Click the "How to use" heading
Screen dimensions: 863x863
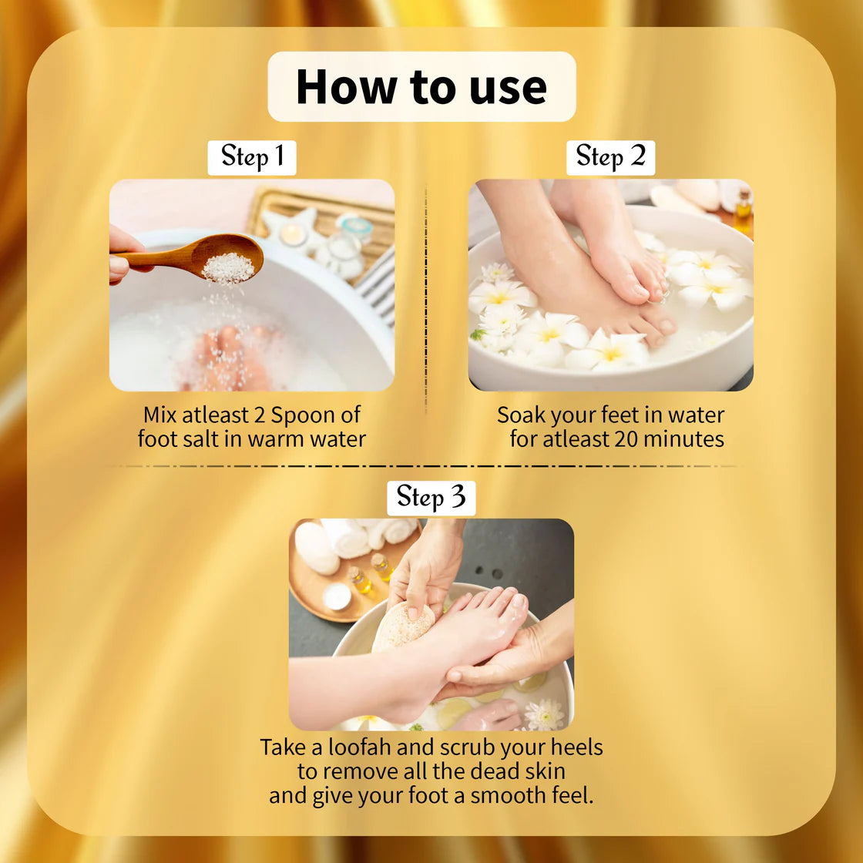(421, 87)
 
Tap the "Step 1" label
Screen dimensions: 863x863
(252, 157)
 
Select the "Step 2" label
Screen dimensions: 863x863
(610, 157)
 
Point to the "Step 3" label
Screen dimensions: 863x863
(431, 498)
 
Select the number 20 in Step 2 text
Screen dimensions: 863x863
(626, 439)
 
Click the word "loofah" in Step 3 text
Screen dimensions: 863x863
(359, 747)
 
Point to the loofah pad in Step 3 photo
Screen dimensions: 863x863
(403, 626)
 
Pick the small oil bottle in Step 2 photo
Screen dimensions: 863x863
(743, 211)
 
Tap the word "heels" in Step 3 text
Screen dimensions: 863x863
(577, 747)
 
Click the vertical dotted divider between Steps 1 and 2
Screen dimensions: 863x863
(425, 300)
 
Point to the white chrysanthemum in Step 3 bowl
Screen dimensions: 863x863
(545, 714)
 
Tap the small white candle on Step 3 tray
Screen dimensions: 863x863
(337, 597)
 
